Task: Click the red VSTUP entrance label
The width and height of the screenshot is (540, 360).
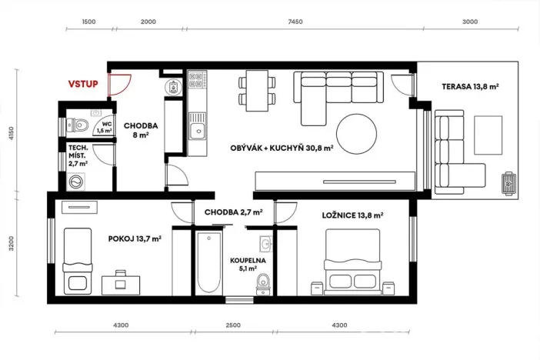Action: [x=82, y=84]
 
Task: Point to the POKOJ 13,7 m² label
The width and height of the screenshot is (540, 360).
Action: [x=135, y=239]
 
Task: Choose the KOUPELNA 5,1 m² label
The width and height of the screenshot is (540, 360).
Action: [x=248, y=265]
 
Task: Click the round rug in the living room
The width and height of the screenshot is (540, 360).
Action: [x=356, y=134]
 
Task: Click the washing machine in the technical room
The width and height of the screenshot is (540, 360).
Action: [x=77, y=182]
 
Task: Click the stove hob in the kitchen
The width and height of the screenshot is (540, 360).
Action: [x=197, y=79]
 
